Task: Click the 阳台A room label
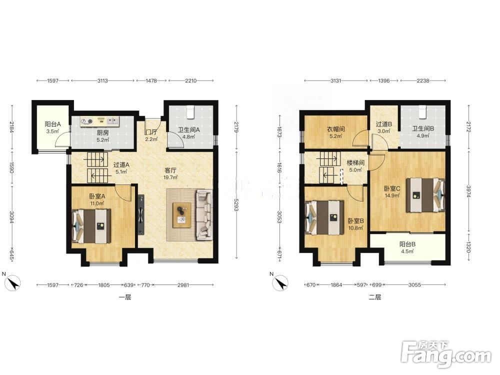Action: pyautogui.click(x=52, y=124)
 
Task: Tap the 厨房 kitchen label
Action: pyautogui.click(x=102, y=132)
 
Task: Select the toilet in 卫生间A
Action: pyautogui.click(x=190, y=111)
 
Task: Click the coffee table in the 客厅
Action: pyautogui.click(x=182, y=215)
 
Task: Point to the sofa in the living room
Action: pyautogui.click(x=204, y=214)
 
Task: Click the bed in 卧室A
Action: pyautogui.click(x=92, y=226)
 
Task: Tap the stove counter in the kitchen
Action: pyautogui.click(x=99, y=121)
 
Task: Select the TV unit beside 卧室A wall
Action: pyautogui.click(x=141, y=215)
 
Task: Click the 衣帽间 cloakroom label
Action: pyautogui.click(x=336, y=129)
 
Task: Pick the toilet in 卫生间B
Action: pyautogui.click(x=422, y=111)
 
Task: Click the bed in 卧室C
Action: pyautogui.click(x=425, y=195)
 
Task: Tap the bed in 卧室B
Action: pyautogui.click(x=324, y=217)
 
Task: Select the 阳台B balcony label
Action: pyautogui.click(x=407, y=244)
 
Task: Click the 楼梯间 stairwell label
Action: pyautogui.click(x=355, y=162)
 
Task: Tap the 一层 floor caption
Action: pyautogui.click(x=125, y=297)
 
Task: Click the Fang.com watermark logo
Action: pyautogui.click(x=446, y=354)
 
